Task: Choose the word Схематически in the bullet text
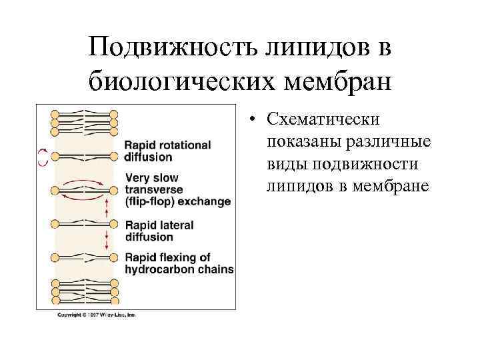pos(323,119)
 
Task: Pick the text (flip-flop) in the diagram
pos(149,201)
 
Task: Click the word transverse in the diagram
pos(153,189)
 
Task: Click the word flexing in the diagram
pos(176,258)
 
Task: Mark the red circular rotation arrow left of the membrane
pos(43,157)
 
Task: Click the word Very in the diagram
pos(138,178)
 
